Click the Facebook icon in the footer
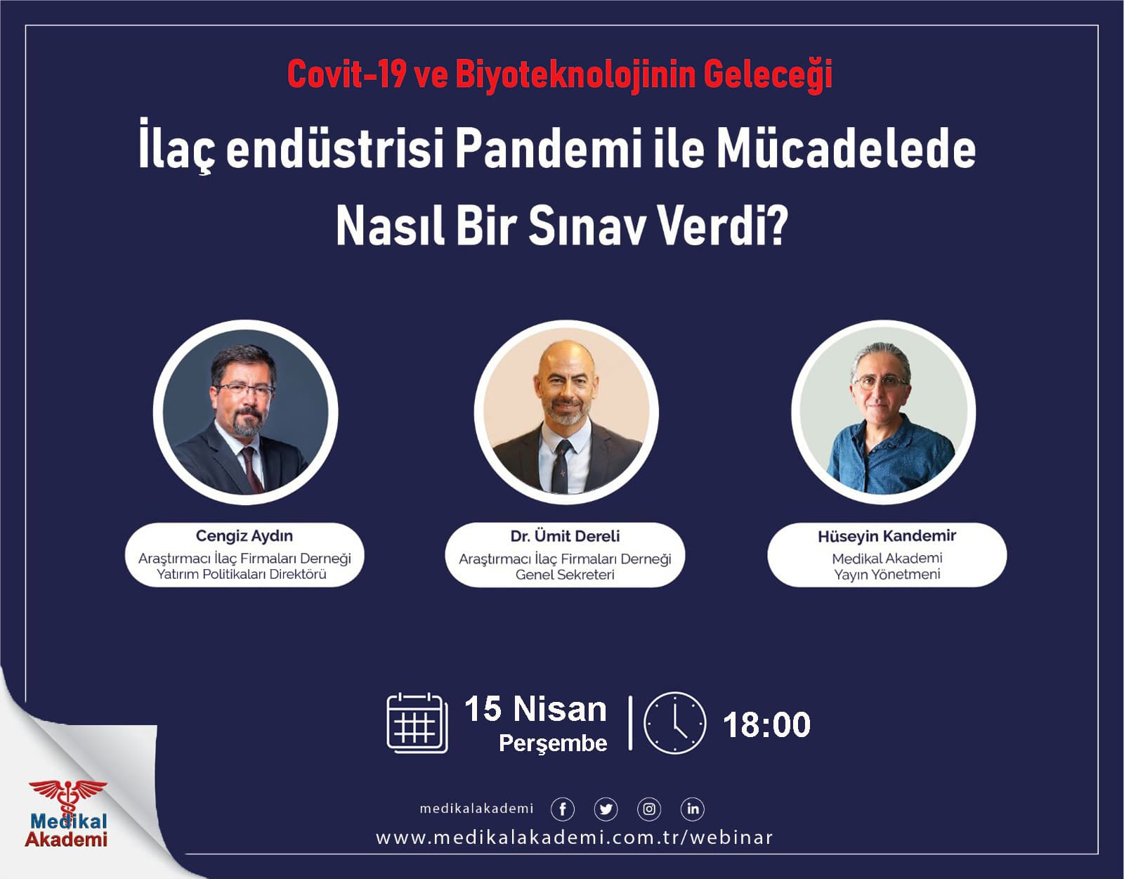click(563, 809)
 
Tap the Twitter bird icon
click(606, 809)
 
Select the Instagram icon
click(649, 809)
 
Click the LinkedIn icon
click(693, 809)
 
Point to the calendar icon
click(417, 723)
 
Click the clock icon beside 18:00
click(674, 723)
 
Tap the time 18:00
click(766, 725)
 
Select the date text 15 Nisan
click(535, 709)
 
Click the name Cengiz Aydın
click(244, 536)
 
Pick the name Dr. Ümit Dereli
click(565, 536)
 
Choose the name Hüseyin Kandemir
click(887, 536)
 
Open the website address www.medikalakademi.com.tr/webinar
click(574, 838)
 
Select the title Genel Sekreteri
click(565, 575)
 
